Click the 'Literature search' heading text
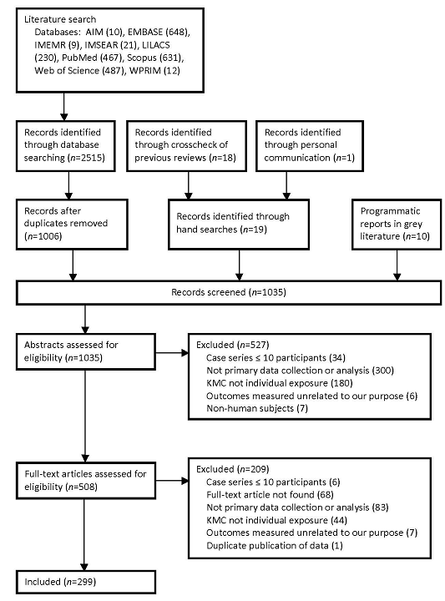(60, 19)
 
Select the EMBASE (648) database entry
(159, 32)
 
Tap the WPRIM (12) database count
(154, 70)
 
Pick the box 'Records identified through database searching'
(66, 145)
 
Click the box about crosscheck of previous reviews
(186, 145)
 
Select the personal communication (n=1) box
(309, 145)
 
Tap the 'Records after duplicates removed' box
(72, 225)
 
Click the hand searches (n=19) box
(239, 225)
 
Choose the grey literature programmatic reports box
(397, 225)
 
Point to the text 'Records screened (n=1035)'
(229, 292)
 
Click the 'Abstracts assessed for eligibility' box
(85, 351)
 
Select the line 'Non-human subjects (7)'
(257, 408)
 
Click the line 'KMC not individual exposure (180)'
(280, 383)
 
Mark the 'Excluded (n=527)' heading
(233, 345)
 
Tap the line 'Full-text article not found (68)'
(270, 495)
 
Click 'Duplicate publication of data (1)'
(275, 545)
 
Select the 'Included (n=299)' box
(85, 582)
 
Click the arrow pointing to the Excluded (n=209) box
(172, 481)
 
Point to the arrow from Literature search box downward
(64, 107)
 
